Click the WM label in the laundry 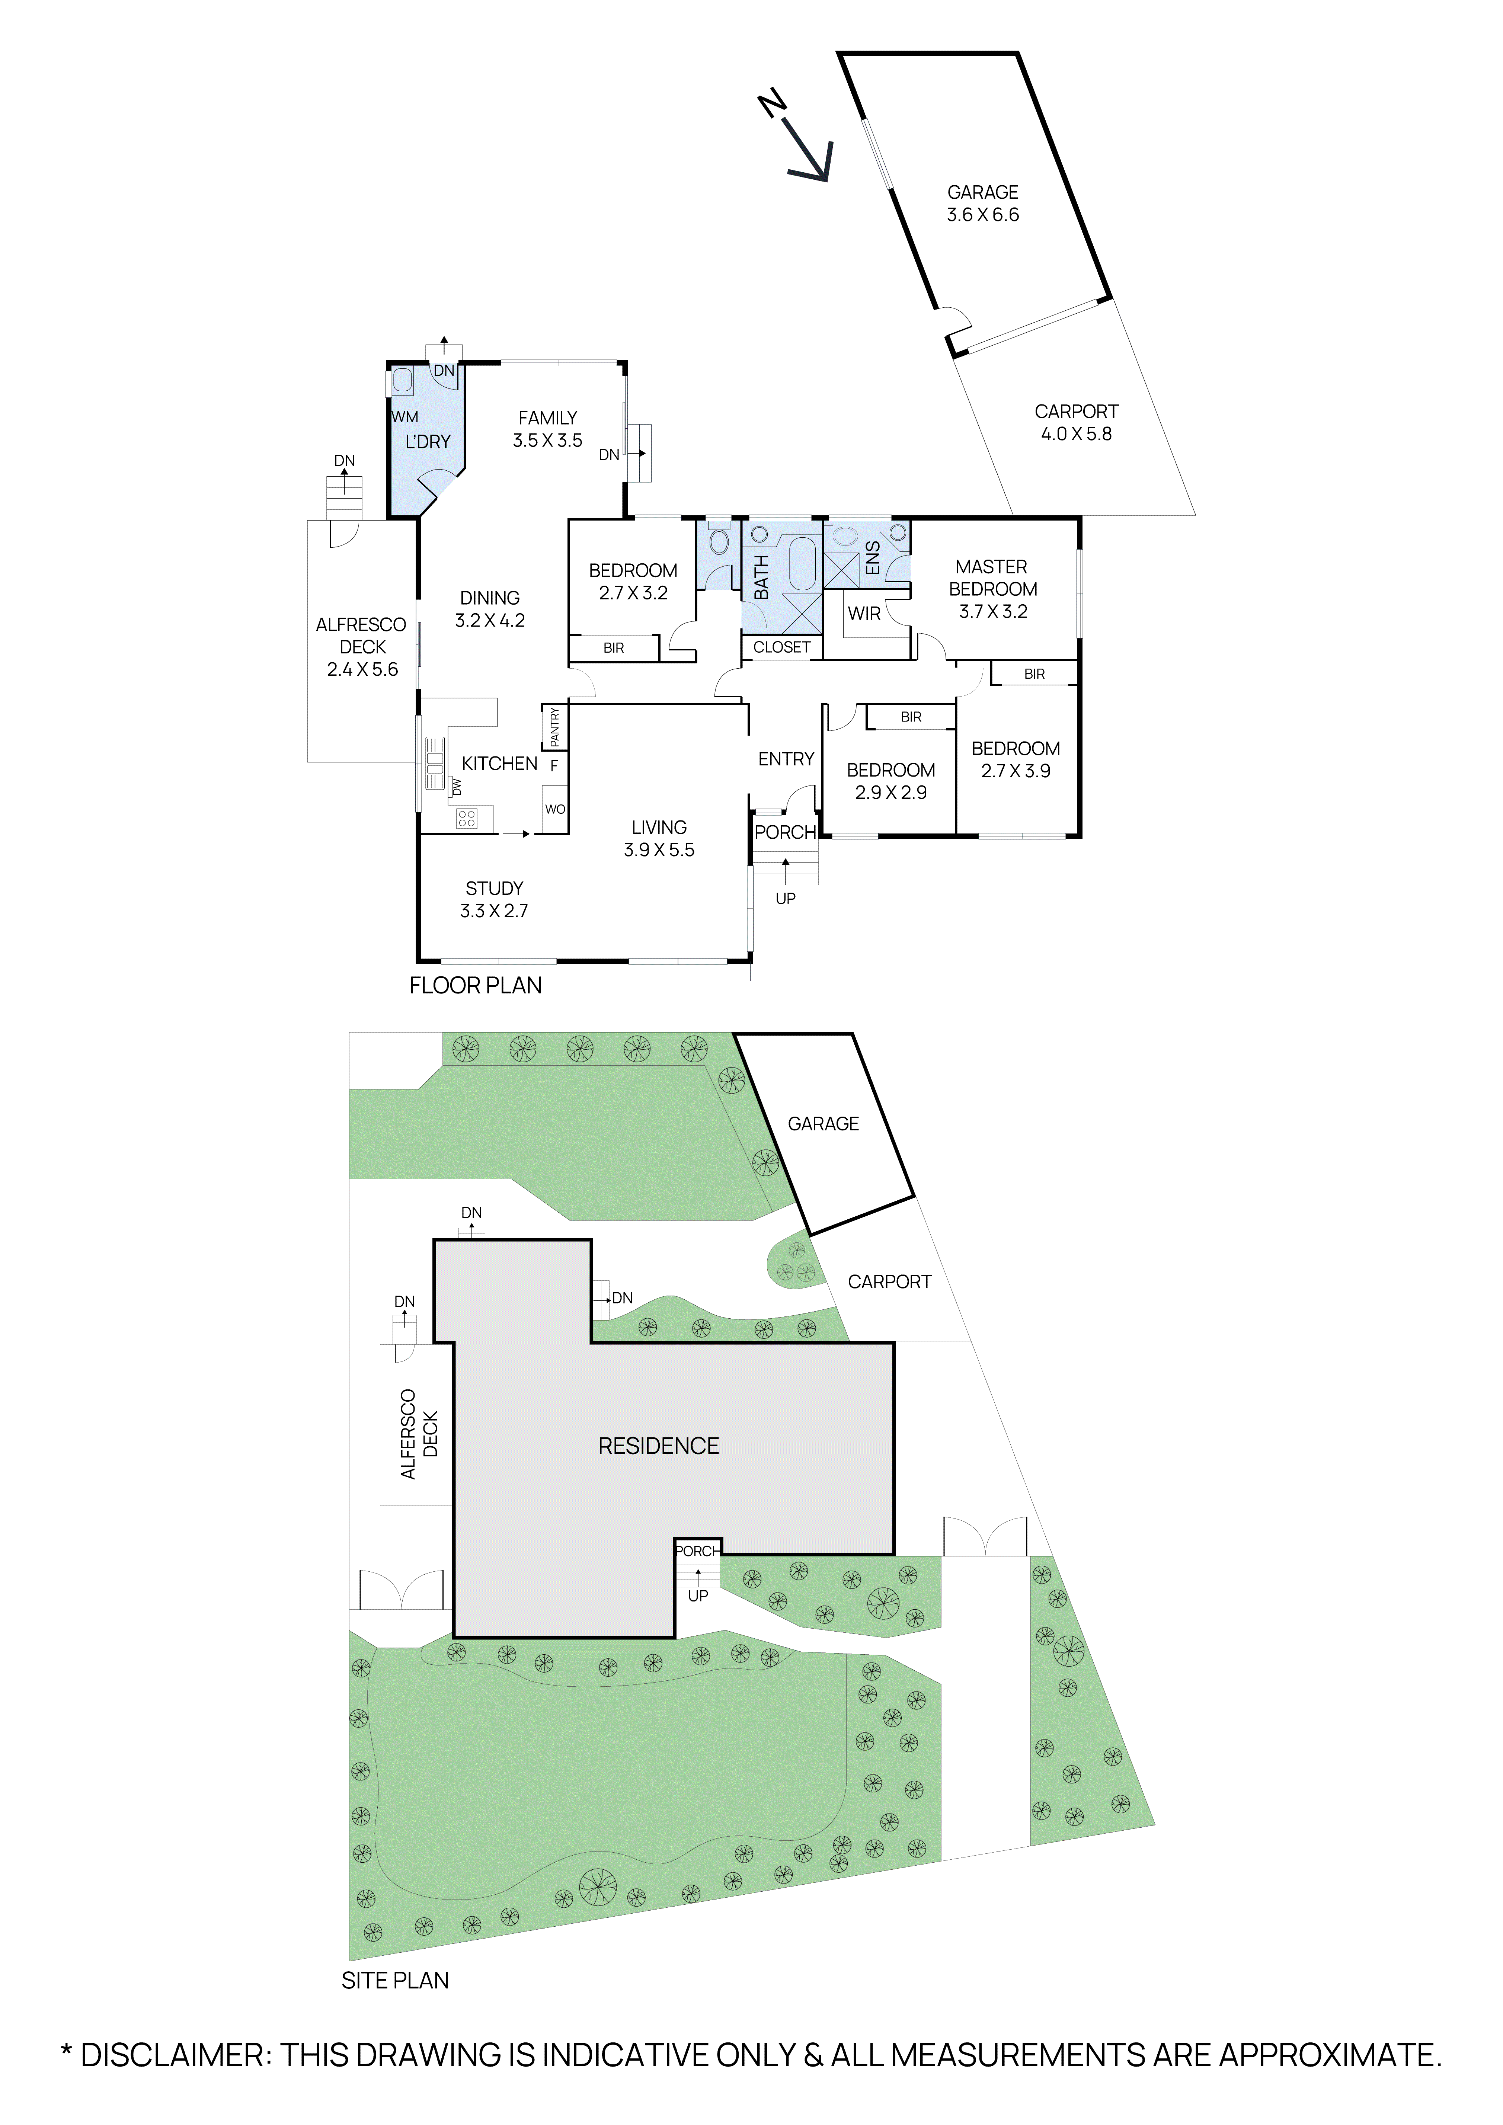click(405, 417)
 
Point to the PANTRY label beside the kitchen click(554, 727)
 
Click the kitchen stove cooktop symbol click(466, 818)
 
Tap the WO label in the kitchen click(554, 809)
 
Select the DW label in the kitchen click(456, 787)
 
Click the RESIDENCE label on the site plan click(658, 1446)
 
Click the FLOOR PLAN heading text click(476, 986)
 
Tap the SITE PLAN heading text click(395, 1981)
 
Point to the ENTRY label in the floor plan click(786, 759)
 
